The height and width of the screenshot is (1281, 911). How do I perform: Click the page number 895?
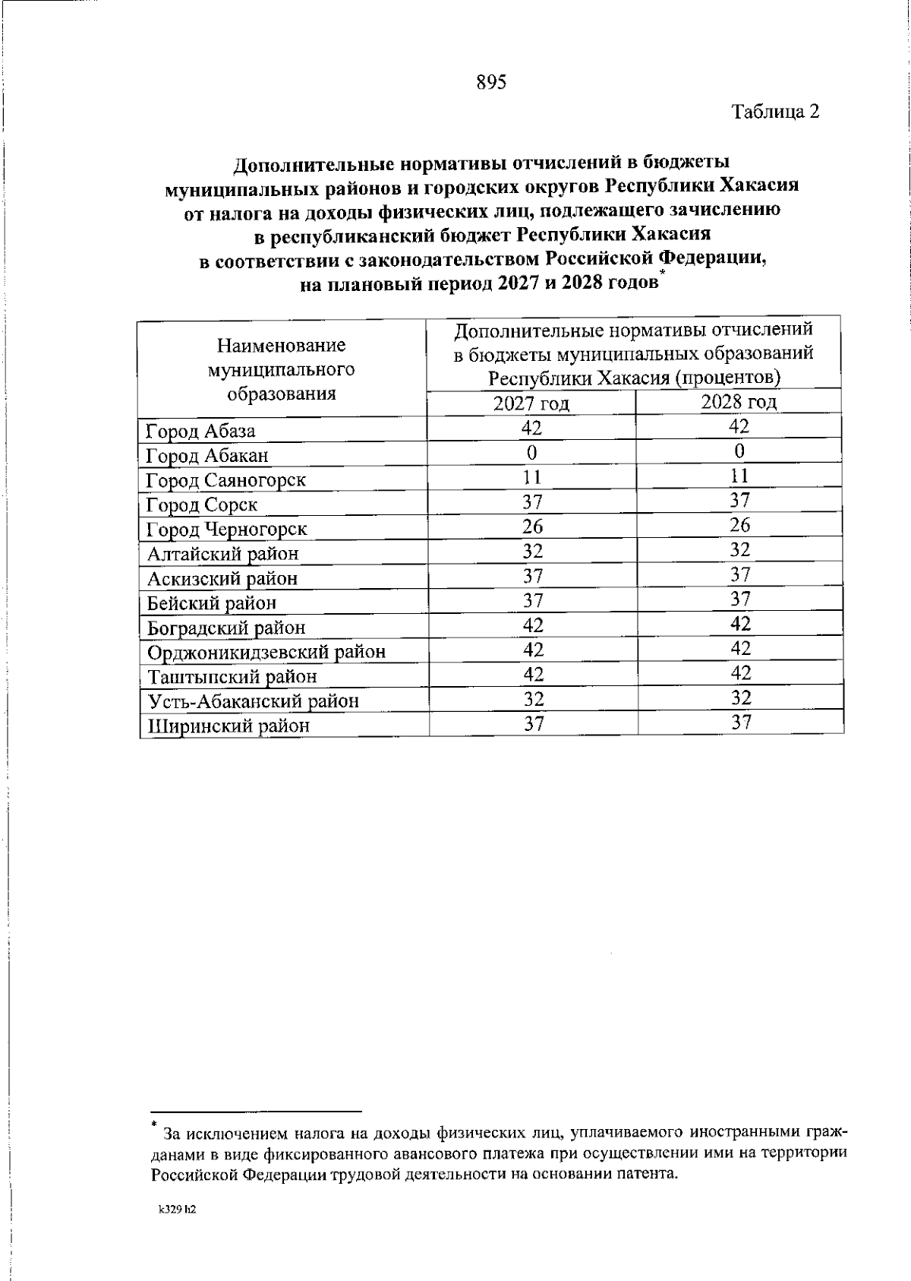(491, 83)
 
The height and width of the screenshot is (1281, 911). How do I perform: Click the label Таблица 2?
(775, 112)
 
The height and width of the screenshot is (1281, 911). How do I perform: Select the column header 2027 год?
(531, 403)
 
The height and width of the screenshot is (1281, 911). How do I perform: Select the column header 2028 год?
(739, 402)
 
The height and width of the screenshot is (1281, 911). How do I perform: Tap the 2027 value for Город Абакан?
(532, 453)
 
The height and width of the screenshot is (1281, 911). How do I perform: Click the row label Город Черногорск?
(226, 530)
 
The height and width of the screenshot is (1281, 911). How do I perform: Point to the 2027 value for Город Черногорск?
(533, 527)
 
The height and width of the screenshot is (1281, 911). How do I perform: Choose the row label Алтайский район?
(222, 554)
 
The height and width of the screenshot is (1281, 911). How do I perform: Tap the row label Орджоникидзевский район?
(266, 652)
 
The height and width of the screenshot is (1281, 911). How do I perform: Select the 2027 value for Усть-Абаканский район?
(533, 698)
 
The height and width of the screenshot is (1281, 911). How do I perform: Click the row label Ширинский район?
(228, 726)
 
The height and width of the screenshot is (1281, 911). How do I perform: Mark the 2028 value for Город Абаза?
(739, 426)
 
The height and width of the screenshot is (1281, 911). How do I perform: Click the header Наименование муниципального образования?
(282, 369)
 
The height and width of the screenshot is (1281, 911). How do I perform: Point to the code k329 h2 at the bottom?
(178, 1210)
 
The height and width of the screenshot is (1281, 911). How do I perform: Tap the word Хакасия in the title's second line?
(758, 185)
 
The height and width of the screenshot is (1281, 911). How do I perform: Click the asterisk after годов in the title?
(662, 274)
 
